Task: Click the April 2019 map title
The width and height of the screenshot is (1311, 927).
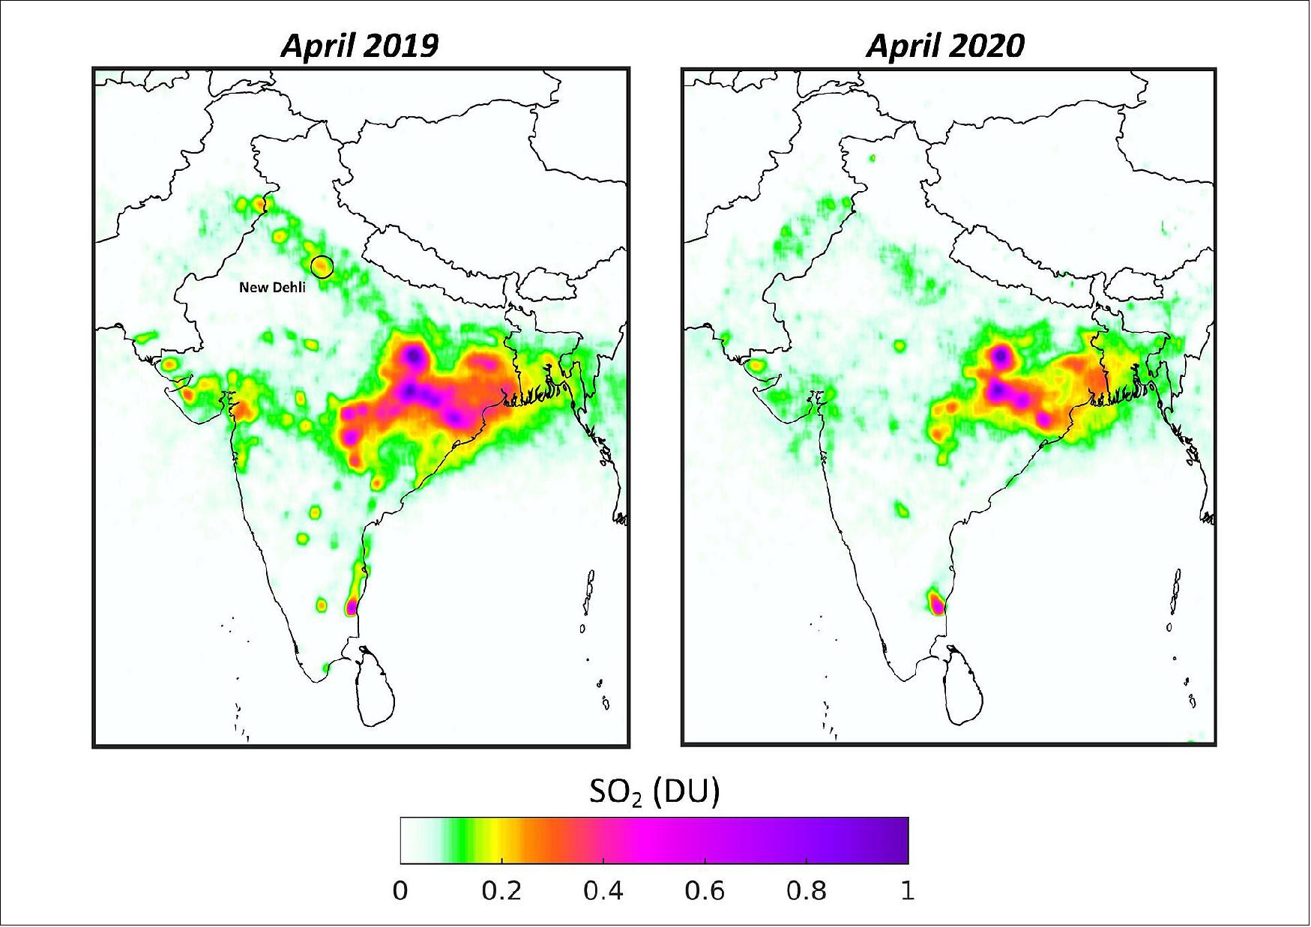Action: pos(359,46)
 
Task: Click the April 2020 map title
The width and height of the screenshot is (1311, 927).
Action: pos(945,46)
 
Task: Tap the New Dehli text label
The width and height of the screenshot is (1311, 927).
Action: pos(272,287)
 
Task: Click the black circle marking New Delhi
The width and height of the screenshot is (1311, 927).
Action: pos(322,266)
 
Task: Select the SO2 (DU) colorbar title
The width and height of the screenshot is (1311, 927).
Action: pos(654,792)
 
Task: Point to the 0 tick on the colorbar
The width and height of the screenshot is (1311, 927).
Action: pos(400,892)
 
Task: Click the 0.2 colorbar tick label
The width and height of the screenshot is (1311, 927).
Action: pos(501,892)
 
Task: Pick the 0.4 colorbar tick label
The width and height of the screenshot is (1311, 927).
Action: pos(603,892)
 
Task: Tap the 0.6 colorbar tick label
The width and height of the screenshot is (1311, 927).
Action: pos(705,892)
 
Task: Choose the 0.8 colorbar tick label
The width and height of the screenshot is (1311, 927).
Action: pos(807,892)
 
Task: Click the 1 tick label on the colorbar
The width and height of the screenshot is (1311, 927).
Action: pos(907,892)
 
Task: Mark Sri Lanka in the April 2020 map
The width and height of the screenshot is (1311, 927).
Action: pos(962,689)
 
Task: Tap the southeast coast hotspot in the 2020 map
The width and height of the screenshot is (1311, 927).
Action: pos(936,603)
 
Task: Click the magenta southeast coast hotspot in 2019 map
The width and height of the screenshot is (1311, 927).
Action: pos(352,606)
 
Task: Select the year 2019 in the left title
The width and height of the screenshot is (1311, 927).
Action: pos(403,46)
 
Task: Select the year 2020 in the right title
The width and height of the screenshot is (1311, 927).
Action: pos(989,46)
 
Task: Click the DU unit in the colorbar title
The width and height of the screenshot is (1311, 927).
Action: pos(687,792)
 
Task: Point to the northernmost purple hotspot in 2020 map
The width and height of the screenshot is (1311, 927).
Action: pos(999,354)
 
